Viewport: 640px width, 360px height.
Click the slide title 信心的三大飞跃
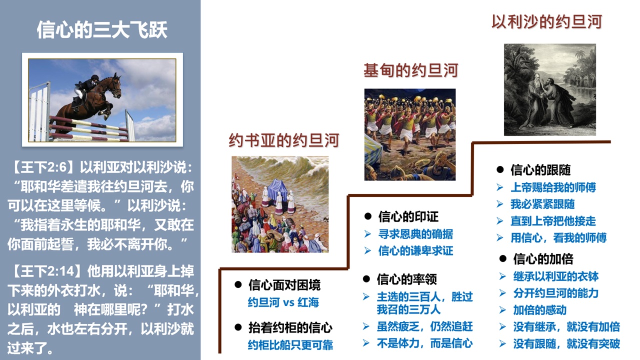(102, 29)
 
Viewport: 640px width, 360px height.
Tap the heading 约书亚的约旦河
(284, 140)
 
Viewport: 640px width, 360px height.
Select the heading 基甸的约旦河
(411, 70)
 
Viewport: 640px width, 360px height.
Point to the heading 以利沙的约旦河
(547, 22)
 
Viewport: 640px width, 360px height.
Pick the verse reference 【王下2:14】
(46, 271)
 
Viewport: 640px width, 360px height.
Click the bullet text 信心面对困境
(284, 285)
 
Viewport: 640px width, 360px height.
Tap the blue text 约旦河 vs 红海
(283, 302)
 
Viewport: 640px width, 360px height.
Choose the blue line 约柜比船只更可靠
(290, 345)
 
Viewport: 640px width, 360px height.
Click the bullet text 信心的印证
(408, 216)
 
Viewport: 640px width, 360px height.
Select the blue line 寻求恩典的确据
(415, 234)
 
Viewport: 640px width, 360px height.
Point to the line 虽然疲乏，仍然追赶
(424, 326)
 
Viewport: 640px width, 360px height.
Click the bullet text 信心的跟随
(540, 170)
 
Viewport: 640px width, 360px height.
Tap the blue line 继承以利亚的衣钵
(555, 276)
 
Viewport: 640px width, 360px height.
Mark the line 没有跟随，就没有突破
(566, 343)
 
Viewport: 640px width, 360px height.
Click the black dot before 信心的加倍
(503, 258)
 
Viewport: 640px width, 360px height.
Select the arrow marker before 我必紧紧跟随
(499, 204)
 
